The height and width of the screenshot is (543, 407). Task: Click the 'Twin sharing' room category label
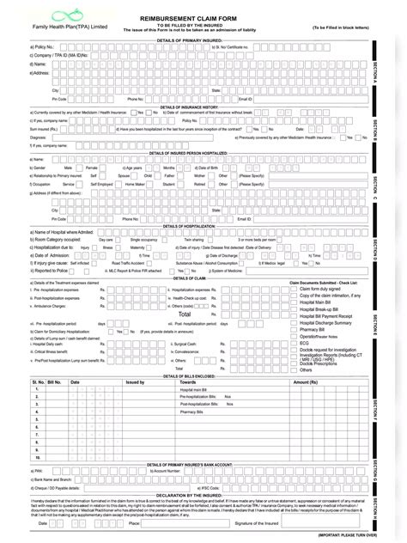194,239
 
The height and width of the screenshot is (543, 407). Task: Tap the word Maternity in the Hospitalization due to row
137,247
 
